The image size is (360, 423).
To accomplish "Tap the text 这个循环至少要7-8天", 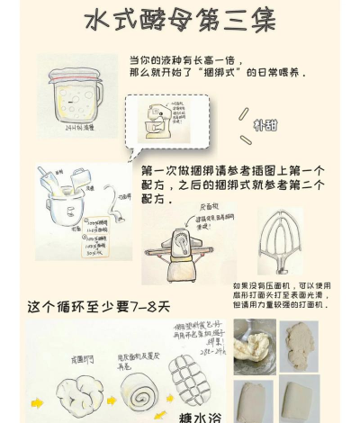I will (99, 307).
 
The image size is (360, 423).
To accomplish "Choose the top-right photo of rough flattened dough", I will (299, 342).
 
